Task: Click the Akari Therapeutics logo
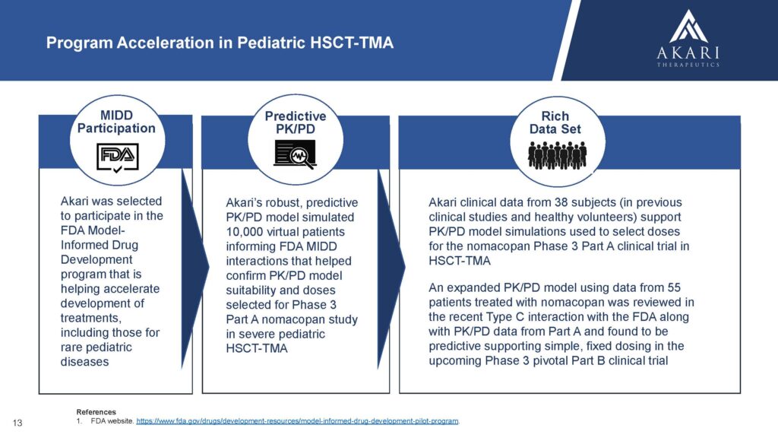pyautogui.click(x=688, y=38)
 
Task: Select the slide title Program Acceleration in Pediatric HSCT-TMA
pyautogui.click(x=220, y=43)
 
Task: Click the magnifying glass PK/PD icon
pyautogui.click(x=296, y=154)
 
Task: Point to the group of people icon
pyautogui.click(x=557, y=155)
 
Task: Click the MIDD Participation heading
pyautogui.click(x=116, y=122)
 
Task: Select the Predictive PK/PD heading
pyautogui.click(x=296, y=122)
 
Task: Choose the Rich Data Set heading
pyautogui.click(x=555, y=122)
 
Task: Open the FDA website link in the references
pyautogui.click(x=297, y=421)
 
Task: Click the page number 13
pyautogui.click(x=17, y=423)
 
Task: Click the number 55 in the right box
pyautogui.click(x=674, y=287)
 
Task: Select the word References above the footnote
pyautogui.click(x=96, y=411)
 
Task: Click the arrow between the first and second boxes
pyautogui.click(x=194, y=268)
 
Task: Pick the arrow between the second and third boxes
pyautogui.click(x=391, y=268)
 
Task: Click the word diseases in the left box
pyautogui.click(x=85, y=361)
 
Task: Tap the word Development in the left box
pyautogui.click(x=96, y=260)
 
